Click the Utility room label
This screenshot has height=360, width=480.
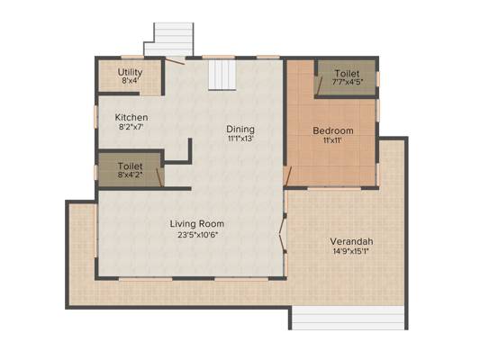[x=130, y=72]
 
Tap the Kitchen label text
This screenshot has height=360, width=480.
[x=131, y=117]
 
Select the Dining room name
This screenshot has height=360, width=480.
[x=240, y=129]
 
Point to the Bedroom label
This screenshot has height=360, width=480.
[x=333, y=130]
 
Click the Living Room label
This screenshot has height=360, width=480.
[x=197, y=224]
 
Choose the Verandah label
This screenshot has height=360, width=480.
[x=351, y=241]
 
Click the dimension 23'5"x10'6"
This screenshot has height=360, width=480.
[x=197, y=235]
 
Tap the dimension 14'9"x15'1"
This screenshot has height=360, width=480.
[x=351, y=251]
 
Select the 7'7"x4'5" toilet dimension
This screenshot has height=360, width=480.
[x=347, y=82]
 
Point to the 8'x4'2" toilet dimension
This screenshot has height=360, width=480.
[x=131, y=175]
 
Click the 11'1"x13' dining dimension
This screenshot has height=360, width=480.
[x=240, y=139]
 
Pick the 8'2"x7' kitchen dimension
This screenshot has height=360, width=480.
[x=131, y=126]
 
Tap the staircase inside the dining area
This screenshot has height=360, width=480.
[x=222, y=75]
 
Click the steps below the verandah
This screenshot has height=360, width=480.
[x=348, y=318]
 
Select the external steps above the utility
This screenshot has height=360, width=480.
[x=169, y=40]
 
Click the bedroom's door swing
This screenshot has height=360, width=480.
[x=287, y=176]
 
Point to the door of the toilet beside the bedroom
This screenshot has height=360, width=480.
[x=319, y=85]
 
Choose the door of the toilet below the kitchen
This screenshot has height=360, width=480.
[x=159, y=177]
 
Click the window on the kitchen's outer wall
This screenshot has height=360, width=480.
[x=95, y=116]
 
